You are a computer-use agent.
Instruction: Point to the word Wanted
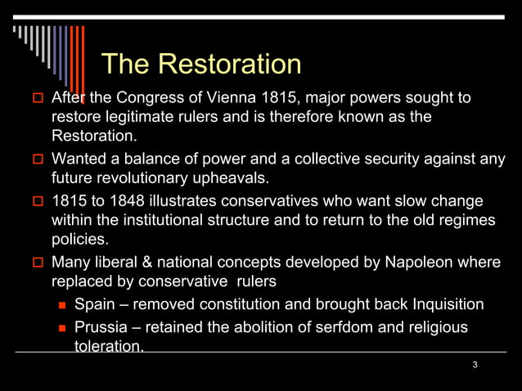78,159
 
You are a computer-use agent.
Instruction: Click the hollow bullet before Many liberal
37,263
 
